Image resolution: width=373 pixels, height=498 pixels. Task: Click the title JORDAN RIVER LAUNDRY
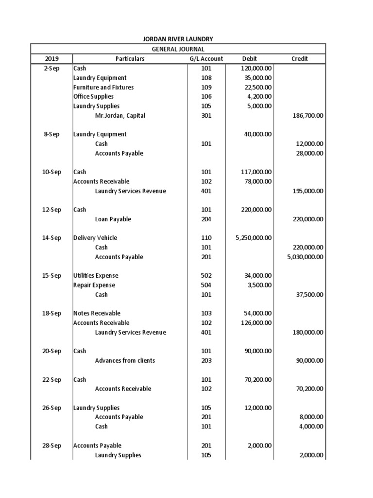[178, 39]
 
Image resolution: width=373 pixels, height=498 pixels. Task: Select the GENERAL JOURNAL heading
[178, 49]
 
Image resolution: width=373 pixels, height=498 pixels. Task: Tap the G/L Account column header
[206, 59]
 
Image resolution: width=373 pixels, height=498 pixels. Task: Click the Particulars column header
[130, 59]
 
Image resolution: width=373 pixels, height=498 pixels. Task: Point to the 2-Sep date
[51, 69]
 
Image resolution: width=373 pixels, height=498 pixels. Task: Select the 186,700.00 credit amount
[306, 116]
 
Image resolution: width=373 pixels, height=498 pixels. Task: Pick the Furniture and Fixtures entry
[103, 88]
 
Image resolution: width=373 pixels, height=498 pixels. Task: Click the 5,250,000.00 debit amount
[253, 238]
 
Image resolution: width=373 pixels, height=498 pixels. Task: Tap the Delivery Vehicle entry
[95, 238]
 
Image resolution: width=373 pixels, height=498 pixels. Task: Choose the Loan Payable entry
[113, 219]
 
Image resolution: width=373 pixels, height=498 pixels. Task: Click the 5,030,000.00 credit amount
[305, 257]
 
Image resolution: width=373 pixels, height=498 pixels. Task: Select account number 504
[206, 285]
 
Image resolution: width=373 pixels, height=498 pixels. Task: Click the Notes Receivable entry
[97, 313]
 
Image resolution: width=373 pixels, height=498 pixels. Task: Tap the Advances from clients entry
[125, 360]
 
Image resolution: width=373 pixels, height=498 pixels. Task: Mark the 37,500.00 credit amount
[309, 295]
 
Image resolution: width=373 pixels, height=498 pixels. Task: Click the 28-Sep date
[51, 445]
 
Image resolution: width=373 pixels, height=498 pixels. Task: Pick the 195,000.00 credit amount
[306, 191]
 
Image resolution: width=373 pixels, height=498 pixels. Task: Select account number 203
[206, 360]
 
